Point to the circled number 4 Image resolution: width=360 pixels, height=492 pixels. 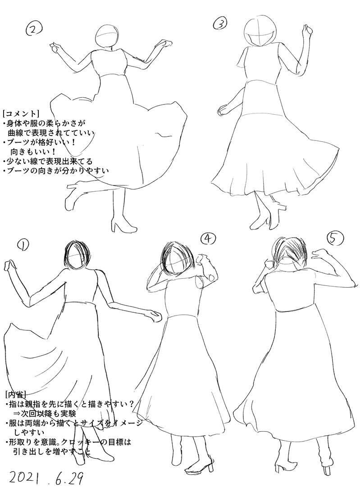(208, 239)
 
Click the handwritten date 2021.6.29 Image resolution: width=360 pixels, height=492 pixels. (42, 478)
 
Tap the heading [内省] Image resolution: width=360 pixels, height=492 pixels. (15, 393)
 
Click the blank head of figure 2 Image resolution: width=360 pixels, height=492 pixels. (108, 36)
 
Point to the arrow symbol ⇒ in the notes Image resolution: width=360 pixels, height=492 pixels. (17, 413)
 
